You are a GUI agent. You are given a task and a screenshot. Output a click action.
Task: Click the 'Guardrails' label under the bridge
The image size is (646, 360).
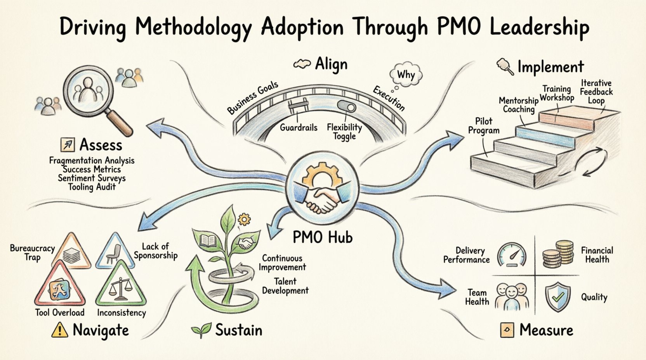pyautogui.click(x=299, y=127)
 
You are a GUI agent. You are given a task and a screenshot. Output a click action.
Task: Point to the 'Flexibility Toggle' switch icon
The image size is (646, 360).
pyautogui.click(x=346, y=106)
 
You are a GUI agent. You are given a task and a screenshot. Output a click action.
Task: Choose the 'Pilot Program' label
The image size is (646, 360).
pyautogui.click(x=483, y=126)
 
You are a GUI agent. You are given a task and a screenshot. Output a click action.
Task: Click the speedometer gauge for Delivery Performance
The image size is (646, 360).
pyautogui.click(x=512, y=254)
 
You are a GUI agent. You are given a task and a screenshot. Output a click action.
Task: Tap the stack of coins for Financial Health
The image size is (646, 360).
pyautogui.click(x=558, y=254)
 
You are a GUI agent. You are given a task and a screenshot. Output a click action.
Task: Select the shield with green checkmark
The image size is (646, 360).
pyautogui.click(x=557, y=297)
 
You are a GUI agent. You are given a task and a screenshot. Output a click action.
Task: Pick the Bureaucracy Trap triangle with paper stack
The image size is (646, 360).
pyautogui.click(x=71, y=253)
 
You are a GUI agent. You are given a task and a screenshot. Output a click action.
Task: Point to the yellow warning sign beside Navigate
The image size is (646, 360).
pyautogui.click(x=59, y=330)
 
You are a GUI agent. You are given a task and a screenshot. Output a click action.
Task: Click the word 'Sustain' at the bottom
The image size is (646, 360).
pyautogui.click(x=238, y=330)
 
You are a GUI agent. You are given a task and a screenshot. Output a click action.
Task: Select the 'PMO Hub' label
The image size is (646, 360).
pyautogui.click(x=322, y=236)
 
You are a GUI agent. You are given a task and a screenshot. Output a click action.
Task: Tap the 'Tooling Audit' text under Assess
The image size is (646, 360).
pyautogui.click(x=92, y=187)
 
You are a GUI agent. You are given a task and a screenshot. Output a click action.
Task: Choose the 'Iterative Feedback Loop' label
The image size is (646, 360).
pyautogui.click(x=596, y=92)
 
